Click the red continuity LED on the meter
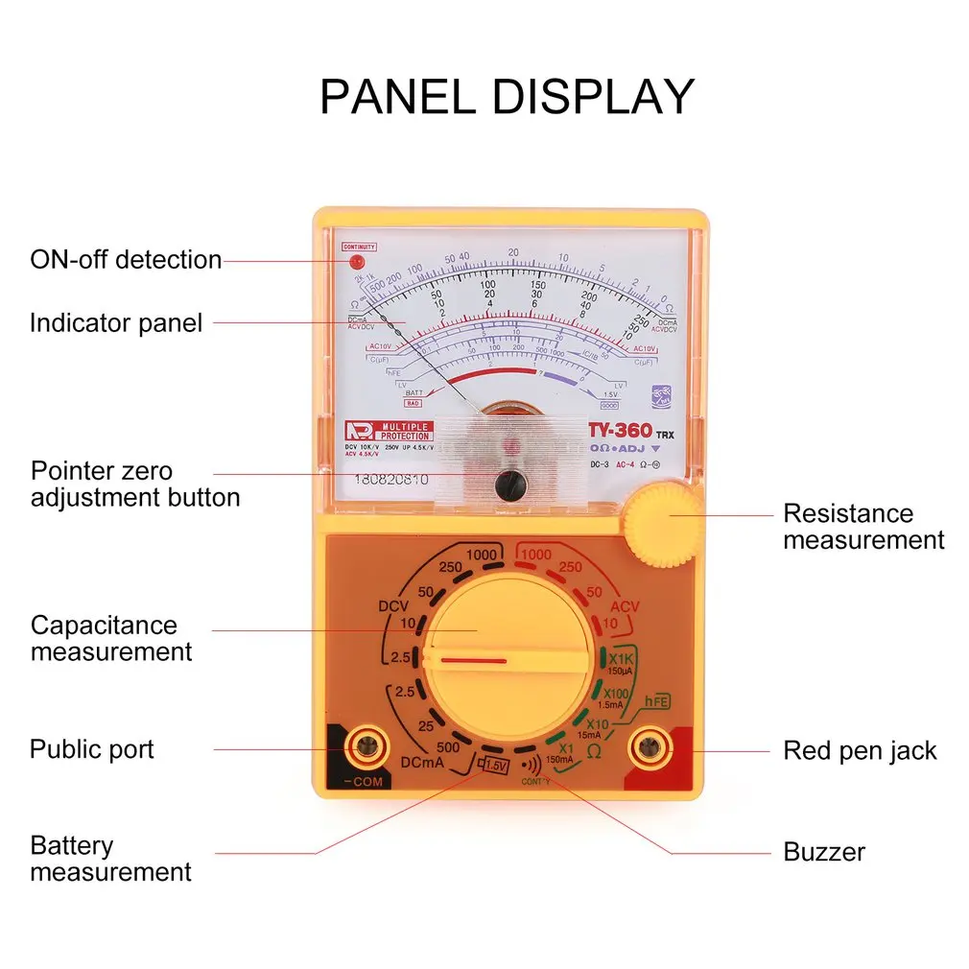[356, 261]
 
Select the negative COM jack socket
[366, 744]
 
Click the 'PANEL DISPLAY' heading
[507, 97]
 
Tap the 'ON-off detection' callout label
[126, 260]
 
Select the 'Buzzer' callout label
[824, 852]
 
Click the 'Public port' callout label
[92, 749]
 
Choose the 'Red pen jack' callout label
[860, 750]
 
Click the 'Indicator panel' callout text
[116, 322]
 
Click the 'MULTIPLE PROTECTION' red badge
[389, 430]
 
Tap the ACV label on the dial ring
[624, 606]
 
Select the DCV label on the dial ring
[393, 607]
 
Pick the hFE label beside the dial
[655, 702]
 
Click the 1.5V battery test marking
[495, 766]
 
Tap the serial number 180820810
[392, 480]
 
